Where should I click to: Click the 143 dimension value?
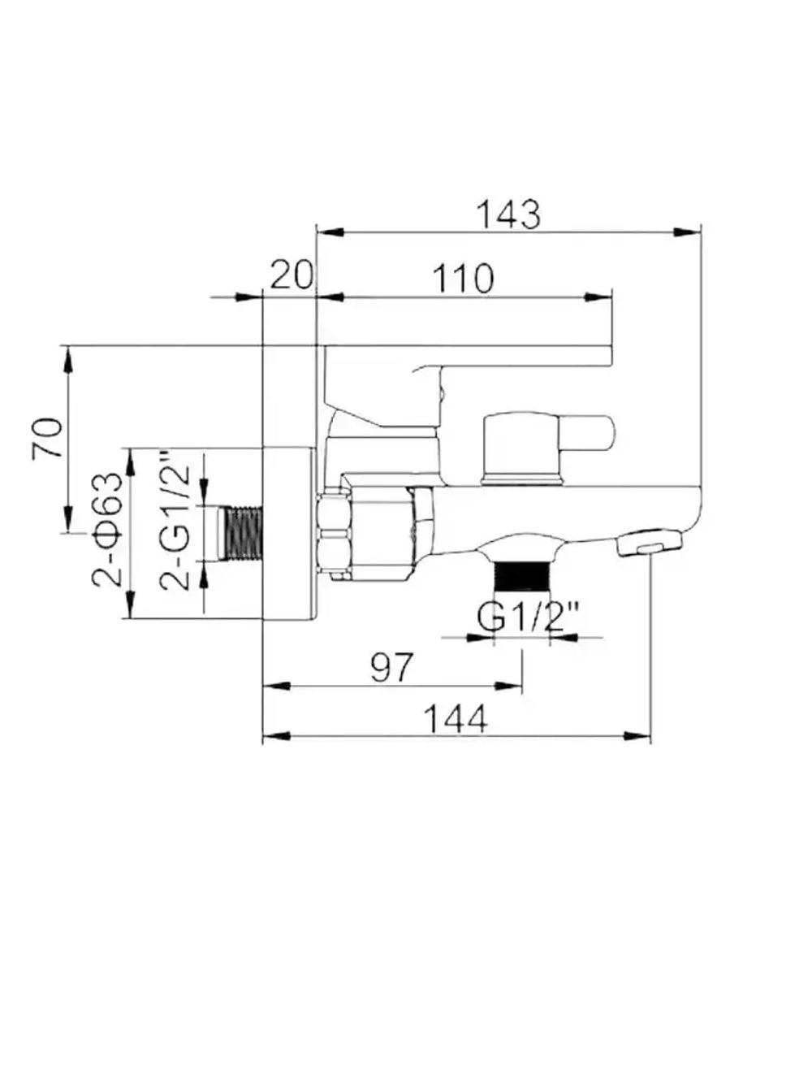(x=508, y=214)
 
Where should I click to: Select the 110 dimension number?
(x=462, y=279)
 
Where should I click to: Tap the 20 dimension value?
(x=291, y=276)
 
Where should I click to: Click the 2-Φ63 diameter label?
(x=108, y=529)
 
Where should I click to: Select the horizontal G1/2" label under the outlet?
(x=528, y=617)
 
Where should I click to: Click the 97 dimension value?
(x=392, y=667)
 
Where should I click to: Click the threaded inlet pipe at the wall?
(x=243, y=533)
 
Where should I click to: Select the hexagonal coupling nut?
(x=335, y=531)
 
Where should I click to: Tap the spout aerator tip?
(x=649, y=543)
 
